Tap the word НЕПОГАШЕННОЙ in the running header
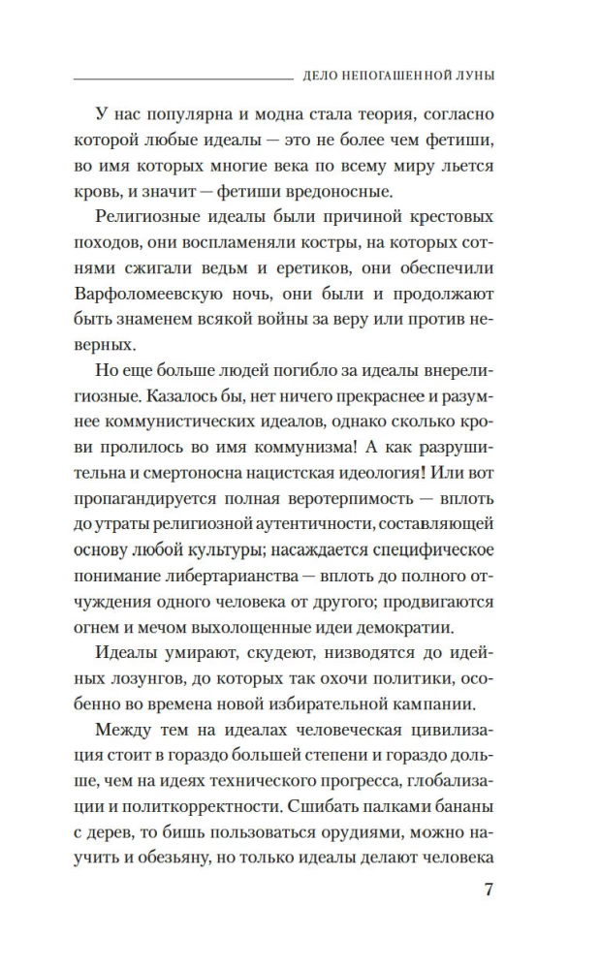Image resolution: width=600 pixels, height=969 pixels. click(403, 77)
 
